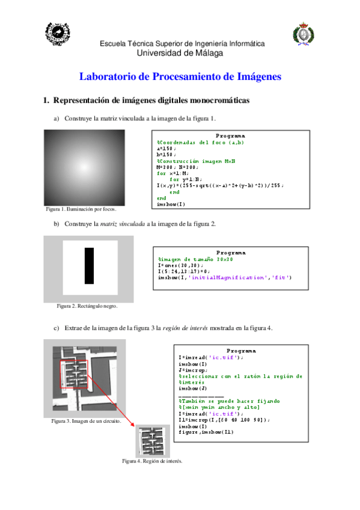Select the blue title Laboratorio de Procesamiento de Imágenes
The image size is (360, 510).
180,77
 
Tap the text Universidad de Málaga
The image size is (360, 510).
180,53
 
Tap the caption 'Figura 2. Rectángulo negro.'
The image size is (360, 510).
87,306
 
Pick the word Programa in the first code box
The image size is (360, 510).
230,135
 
